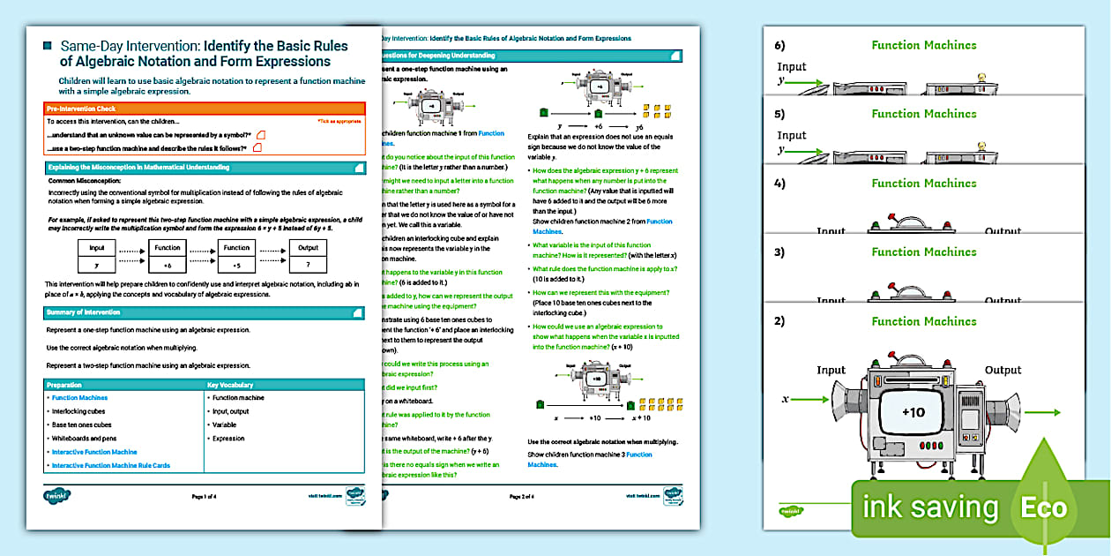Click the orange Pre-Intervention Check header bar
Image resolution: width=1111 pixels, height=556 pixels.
(203, 109)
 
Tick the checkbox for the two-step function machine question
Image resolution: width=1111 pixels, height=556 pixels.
(257, 148)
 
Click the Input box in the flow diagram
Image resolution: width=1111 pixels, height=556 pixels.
(97, 248)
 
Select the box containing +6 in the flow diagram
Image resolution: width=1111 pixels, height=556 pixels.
(168, 264)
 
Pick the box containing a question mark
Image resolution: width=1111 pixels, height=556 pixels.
(308, 264)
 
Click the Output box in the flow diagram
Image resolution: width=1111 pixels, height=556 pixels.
(308, 248)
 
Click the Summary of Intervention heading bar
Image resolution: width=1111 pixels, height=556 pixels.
(203, 312)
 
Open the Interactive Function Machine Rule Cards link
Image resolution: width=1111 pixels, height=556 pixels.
(111, 465)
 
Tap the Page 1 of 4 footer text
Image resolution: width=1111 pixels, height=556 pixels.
(204, 497)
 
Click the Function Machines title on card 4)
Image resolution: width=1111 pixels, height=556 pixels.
(924, 183)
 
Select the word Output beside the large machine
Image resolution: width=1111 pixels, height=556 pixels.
(1003, 371)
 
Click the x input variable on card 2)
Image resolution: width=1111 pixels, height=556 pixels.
(785, 399)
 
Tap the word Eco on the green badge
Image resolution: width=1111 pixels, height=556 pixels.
(1045, 508)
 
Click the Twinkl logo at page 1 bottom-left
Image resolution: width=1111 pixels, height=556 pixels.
(56, 495)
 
